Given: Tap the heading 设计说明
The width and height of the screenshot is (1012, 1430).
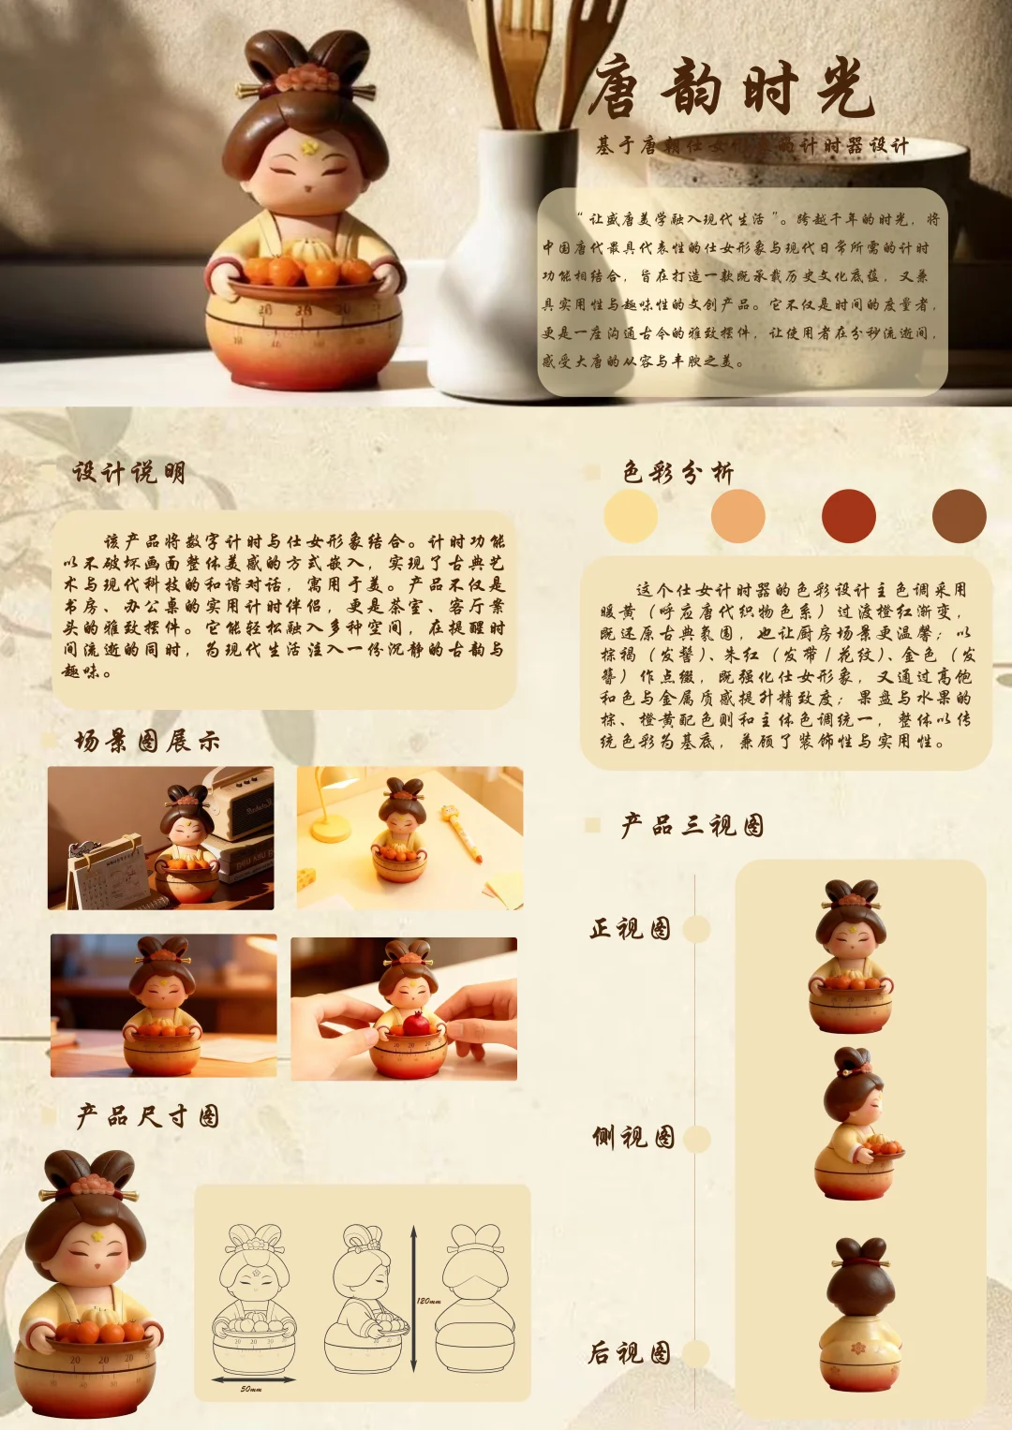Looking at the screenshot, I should pyautogui.click(x=129, y=472).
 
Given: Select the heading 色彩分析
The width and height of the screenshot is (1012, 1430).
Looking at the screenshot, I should pyautogui.click(x=677, y=472).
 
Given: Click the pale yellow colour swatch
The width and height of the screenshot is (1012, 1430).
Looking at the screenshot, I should pyautogui.click(x=631, y=516).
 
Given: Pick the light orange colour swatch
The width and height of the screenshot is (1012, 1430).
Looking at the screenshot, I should pyautogui.click(x=738, y=516).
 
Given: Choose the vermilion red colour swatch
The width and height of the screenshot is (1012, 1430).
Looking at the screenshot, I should pyautogui.click(x=849, y=516).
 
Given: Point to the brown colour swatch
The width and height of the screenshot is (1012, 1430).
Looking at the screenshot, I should pyautogui.click(x=959, y=516).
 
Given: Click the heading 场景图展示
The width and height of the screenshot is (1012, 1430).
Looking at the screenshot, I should pyautogui.click(x=147, y=742).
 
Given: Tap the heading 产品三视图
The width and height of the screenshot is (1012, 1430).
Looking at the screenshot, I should pyautogui.click(x=692, y=825).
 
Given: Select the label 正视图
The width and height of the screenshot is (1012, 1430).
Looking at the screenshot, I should pyautogui.click(x=630, y=928).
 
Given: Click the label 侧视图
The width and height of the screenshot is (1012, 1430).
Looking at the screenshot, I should pyautogui.click(x=633, y=1137).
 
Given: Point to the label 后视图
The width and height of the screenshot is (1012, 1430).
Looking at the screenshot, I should pyautogui.click(x=630, y=1352).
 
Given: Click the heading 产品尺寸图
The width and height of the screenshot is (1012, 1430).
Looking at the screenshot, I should pyautogui.click(x=147, y=1115).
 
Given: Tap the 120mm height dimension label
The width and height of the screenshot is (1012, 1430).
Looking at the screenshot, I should pyautogui.click(x=428, y=1301).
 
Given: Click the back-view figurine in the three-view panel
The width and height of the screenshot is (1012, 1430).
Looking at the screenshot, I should pyautogui.click(x=860, y=1316).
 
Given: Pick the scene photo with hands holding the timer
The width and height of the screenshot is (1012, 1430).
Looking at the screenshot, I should pyautogui.click(x=404, y=1009).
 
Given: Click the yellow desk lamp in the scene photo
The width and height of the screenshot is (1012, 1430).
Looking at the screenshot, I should pyautogui.click(x=328, y=805).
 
